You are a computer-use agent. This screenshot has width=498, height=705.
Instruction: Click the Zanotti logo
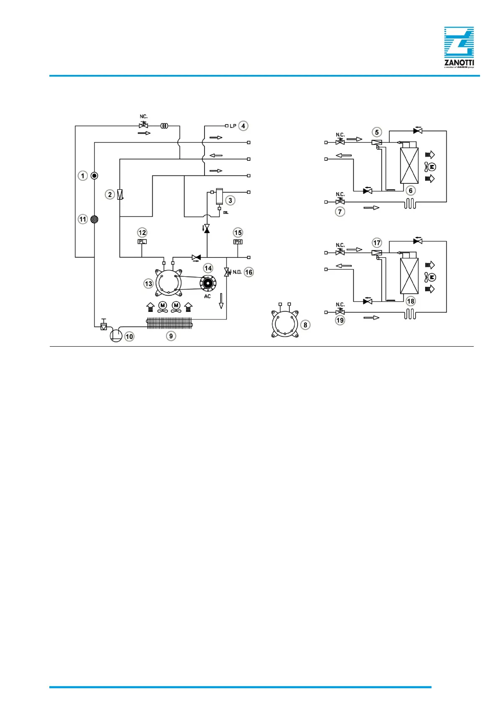pos(459,47)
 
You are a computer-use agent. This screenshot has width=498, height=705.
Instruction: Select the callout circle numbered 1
pos(83,176)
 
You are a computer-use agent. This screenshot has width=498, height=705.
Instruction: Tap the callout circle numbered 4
pos(243,126)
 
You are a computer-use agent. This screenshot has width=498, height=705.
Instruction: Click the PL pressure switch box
pos(142,242)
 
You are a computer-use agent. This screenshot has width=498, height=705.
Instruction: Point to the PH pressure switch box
pos(238,242)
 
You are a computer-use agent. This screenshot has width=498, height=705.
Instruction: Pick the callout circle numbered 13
pos(148,284)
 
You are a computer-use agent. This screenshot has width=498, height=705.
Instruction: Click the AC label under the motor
pos(207,296)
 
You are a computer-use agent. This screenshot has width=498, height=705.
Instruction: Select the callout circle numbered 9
pos(171,336)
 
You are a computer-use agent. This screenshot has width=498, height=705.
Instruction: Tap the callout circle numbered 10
pos(130,336)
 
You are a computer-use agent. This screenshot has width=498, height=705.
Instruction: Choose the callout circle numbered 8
pos(305,325)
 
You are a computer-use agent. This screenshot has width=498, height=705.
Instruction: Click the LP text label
pos(233,126)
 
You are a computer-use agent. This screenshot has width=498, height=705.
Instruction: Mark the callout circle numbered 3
pos(230,201)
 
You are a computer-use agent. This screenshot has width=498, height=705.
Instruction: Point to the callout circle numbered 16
pos(249,272)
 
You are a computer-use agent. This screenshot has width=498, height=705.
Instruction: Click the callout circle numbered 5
pos(377,132)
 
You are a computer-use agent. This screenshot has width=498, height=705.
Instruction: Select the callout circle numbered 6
pos(411,190)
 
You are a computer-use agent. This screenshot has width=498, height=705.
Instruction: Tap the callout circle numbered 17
pos(377,243)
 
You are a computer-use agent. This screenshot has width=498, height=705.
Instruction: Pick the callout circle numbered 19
pos(340,320)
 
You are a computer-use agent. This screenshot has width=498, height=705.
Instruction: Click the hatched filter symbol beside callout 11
pos(94,219)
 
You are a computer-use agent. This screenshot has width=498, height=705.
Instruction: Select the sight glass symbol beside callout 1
pos(94,176)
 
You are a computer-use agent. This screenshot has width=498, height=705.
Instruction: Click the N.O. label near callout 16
pos(237,272)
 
